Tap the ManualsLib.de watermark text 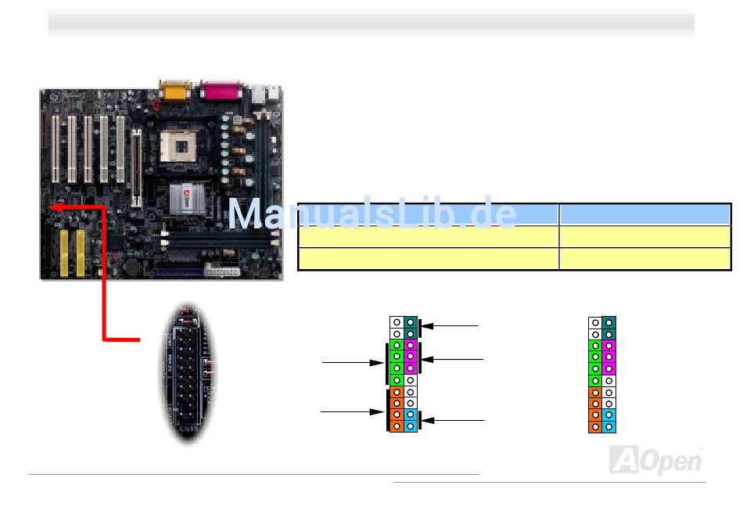[x=372, y=214]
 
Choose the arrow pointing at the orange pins [x=353, y=410]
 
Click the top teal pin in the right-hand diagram [x=608, y=322]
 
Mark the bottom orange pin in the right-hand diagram [x=595, y=427]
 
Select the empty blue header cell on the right [x=644, y=214]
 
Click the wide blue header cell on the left [x=428, y=214]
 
